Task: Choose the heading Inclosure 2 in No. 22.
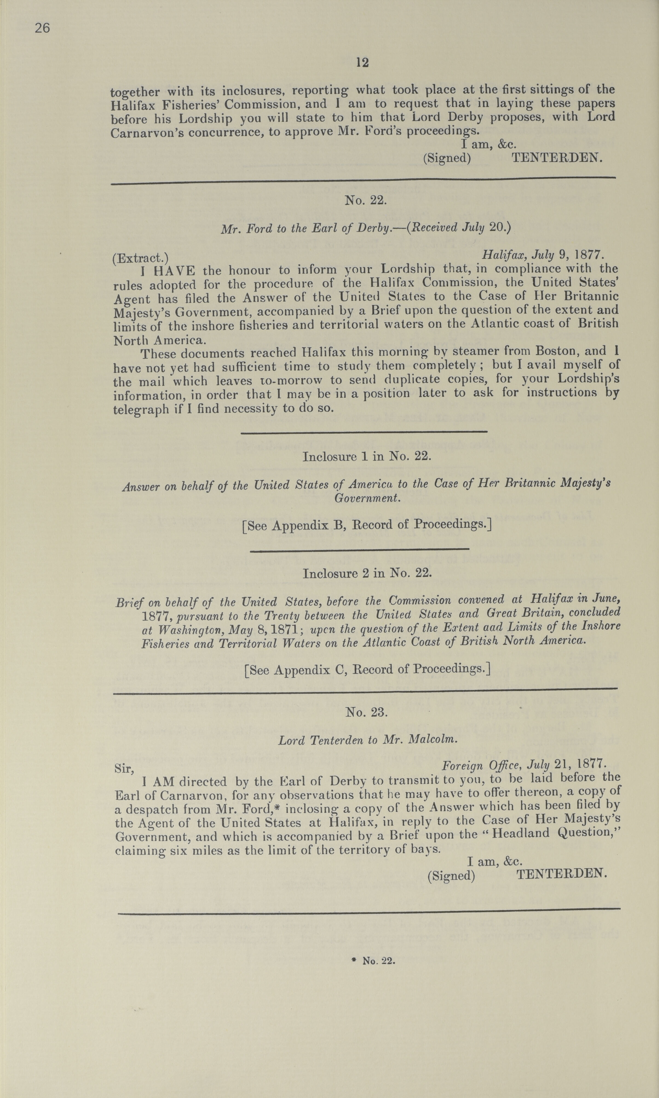367,573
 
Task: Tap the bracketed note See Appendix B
367,525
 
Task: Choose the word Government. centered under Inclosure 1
367,498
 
